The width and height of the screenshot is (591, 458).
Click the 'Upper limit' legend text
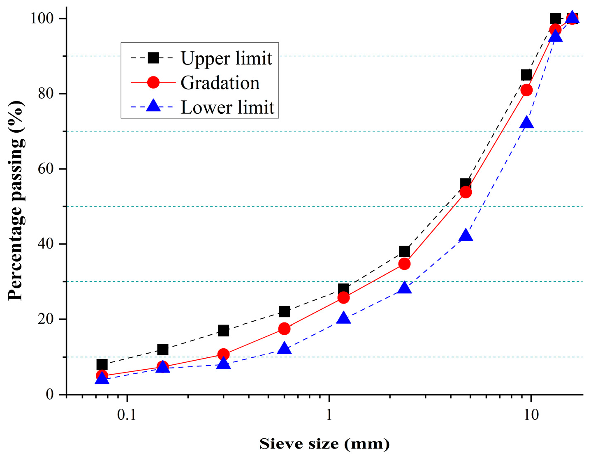pos(226,58)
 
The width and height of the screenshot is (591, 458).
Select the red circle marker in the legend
pos(153,83)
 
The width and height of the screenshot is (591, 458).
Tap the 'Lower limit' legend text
pos(227,108)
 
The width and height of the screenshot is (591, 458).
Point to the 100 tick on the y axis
pos(43,18)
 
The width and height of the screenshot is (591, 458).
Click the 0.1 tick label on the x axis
pos(127,415)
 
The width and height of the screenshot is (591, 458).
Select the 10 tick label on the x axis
pos(531,415)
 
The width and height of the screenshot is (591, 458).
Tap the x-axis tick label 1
pos(329,415)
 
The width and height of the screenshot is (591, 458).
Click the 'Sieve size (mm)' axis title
pos(324,444)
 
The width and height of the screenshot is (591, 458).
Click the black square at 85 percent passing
pos(526,75)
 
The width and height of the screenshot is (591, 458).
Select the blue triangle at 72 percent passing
pos(526,123)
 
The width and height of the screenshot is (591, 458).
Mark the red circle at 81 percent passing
pos(526,90)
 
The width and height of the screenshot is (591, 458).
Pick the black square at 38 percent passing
pos(404,251)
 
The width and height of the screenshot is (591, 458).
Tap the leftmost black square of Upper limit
pos(102,364)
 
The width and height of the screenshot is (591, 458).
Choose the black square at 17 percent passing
pos(223,330)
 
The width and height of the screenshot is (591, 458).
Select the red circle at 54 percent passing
pos(466,192)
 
